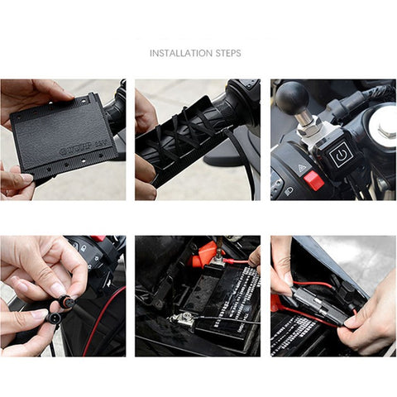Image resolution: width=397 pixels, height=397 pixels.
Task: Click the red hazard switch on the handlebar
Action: click(x=313, y=179)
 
